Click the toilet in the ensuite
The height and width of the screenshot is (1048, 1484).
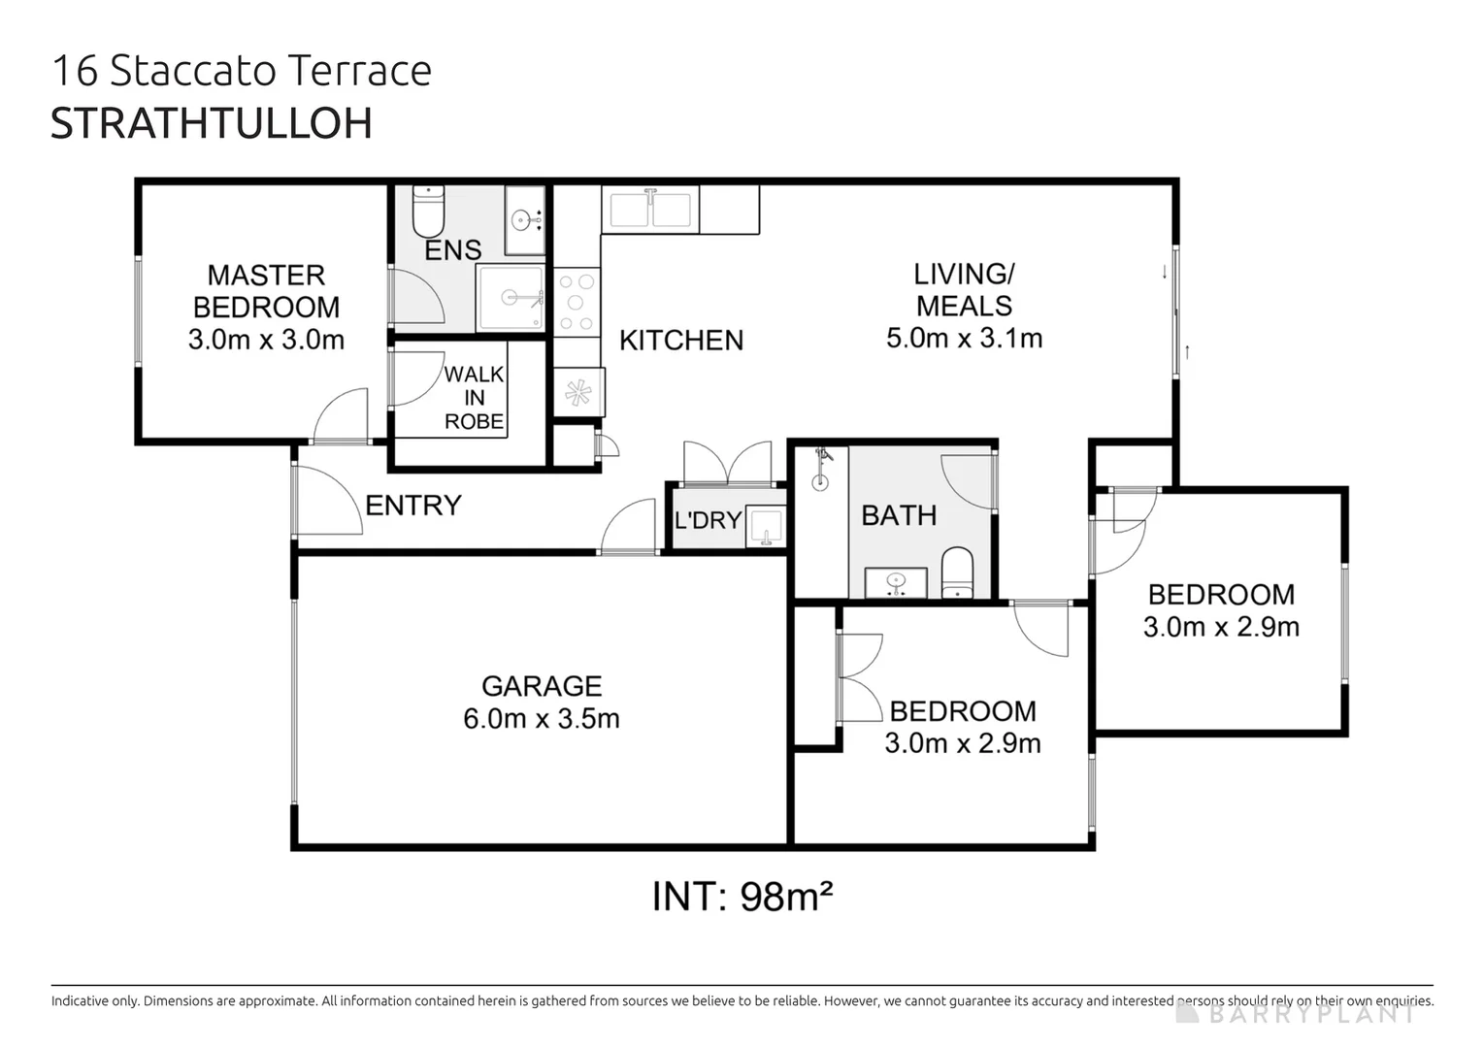(428, 212)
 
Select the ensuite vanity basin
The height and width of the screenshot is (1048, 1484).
(524, 220)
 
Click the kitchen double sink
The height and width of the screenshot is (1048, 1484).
(649, 210)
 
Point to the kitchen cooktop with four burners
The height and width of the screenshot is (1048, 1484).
(577, 303)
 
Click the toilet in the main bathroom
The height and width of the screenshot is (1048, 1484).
(957, 573)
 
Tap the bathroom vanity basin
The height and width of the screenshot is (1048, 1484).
(895, 582)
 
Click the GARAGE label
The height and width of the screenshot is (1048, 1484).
(542, 686)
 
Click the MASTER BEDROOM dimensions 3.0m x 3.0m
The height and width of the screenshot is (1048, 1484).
(266, 340)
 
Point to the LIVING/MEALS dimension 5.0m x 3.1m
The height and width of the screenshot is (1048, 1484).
(964, 338)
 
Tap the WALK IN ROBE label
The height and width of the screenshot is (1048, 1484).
(474, 398)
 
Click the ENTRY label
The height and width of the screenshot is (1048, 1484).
(412, 506)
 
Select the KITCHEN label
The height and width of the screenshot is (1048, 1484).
(681, 341)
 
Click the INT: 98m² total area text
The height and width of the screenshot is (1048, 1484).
(742, 897)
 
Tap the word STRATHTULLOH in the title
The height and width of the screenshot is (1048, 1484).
(212, 123)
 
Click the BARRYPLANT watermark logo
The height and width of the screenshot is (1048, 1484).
(1296, 1014)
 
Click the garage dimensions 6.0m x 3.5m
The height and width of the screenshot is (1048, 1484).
(542, 719)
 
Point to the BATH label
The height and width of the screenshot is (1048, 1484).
(899, 515)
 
